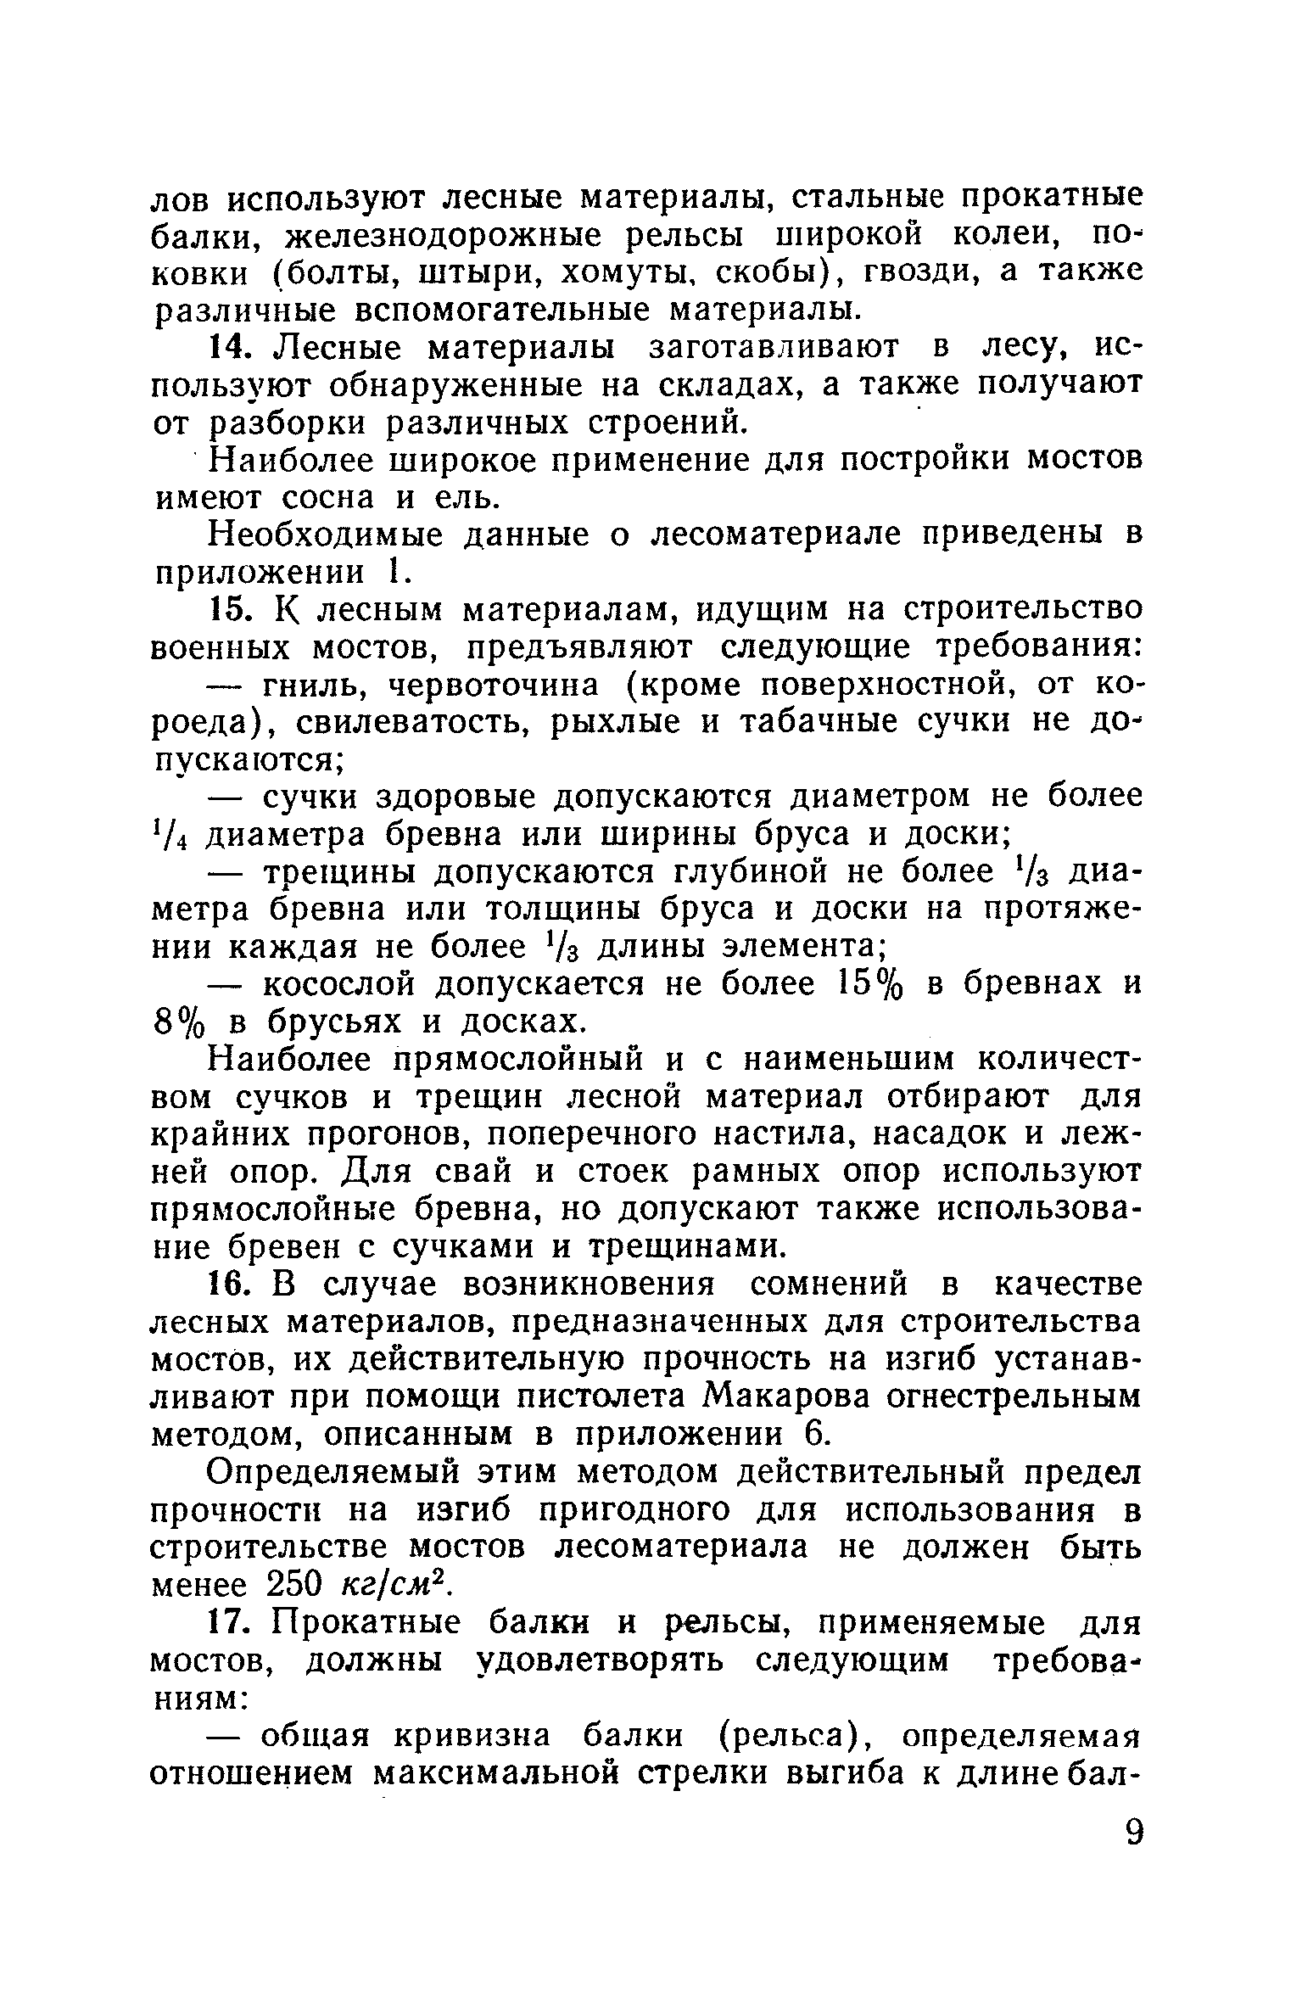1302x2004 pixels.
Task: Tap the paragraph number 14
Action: click(228, 348)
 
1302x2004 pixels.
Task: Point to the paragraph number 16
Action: click(228, 1284)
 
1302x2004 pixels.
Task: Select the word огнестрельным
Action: click(1017, 1397)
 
